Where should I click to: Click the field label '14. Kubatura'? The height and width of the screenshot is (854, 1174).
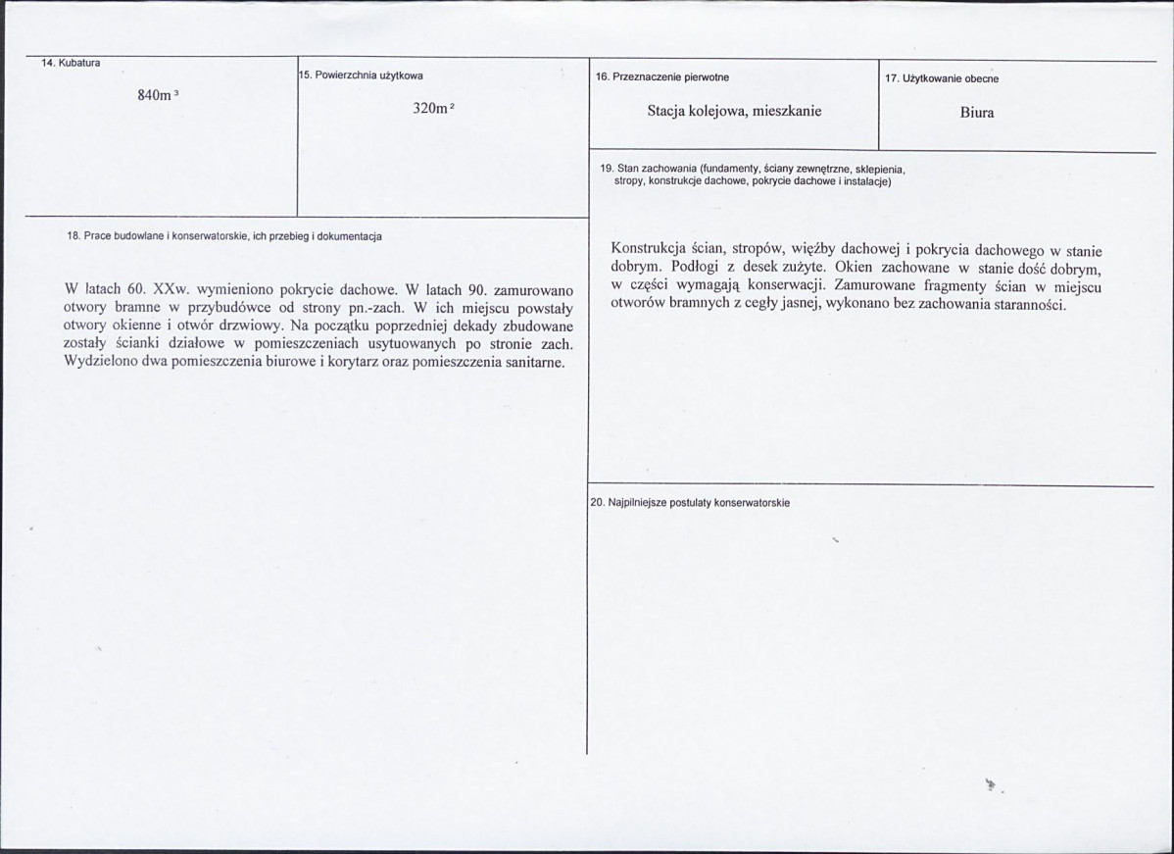(x=71, y=64)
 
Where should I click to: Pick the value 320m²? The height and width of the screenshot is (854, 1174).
(x=432, y=109)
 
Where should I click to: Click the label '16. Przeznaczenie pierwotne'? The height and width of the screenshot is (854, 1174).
(x=661, y=76)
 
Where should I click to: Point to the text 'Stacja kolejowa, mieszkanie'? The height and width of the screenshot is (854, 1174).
(x=734, y=111)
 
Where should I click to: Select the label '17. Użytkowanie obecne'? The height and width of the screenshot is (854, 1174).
(x=941, y=78)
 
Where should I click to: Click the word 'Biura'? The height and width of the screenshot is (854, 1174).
(x=977, y=113)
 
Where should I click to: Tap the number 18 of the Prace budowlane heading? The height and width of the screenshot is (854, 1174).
(x=73, y=236)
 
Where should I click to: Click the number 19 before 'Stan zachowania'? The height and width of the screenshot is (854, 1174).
(x=606, y=170)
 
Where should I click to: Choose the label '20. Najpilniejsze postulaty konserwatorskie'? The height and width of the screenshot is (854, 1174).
(x=690, y=503)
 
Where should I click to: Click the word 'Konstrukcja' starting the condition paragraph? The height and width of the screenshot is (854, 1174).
(x=647, y=249)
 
